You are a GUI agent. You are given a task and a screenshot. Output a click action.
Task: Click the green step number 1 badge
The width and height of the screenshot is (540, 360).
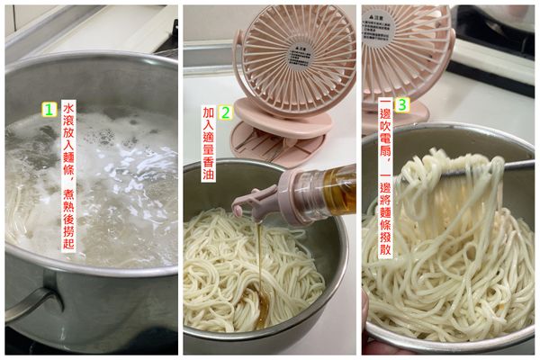pos(50,109)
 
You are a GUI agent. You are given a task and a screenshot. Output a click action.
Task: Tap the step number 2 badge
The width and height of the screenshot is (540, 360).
pos(227,113)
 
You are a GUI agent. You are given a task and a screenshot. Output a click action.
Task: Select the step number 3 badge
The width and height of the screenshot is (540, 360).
pos(401,104)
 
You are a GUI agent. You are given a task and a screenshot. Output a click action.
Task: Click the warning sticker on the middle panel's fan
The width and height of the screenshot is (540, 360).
pos(302,52)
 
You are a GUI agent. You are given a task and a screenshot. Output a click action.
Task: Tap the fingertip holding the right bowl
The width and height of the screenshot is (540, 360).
pos(366,315)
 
